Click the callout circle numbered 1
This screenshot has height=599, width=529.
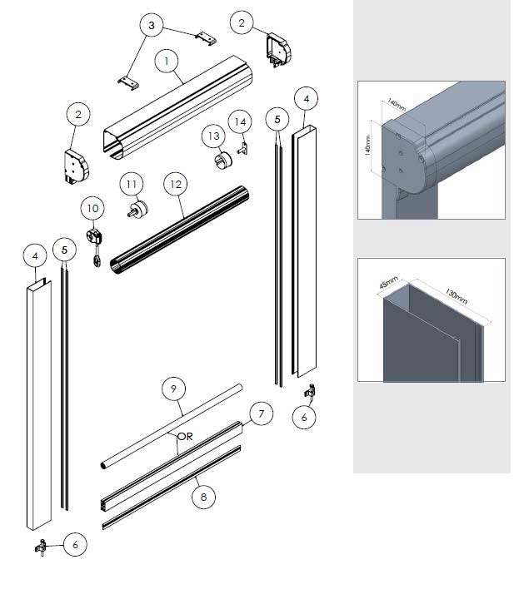(167, 61)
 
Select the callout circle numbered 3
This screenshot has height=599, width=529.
(152, 25)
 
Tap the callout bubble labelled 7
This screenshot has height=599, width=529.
(262, 413)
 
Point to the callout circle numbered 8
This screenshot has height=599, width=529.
(203, 497)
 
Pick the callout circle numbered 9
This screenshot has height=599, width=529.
(173, 389)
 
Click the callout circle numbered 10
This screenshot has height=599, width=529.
(92, 208)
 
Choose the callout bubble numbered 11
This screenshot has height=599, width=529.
(131, 185)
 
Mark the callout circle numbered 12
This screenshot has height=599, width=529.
(176, 185)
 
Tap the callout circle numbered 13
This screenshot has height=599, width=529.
(213, 136)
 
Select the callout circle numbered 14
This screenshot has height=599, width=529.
(240, 121)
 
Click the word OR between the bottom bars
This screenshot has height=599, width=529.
(185, 436)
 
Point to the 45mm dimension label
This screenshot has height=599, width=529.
(388, 282)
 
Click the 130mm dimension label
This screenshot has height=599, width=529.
(456, 296)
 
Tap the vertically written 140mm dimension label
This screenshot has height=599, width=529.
(367, 146)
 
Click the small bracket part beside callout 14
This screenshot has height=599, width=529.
(242, 148)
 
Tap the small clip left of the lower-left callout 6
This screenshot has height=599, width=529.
(41, 547)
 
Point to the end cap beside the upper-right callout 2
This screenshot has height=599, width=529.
(279, 51)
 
